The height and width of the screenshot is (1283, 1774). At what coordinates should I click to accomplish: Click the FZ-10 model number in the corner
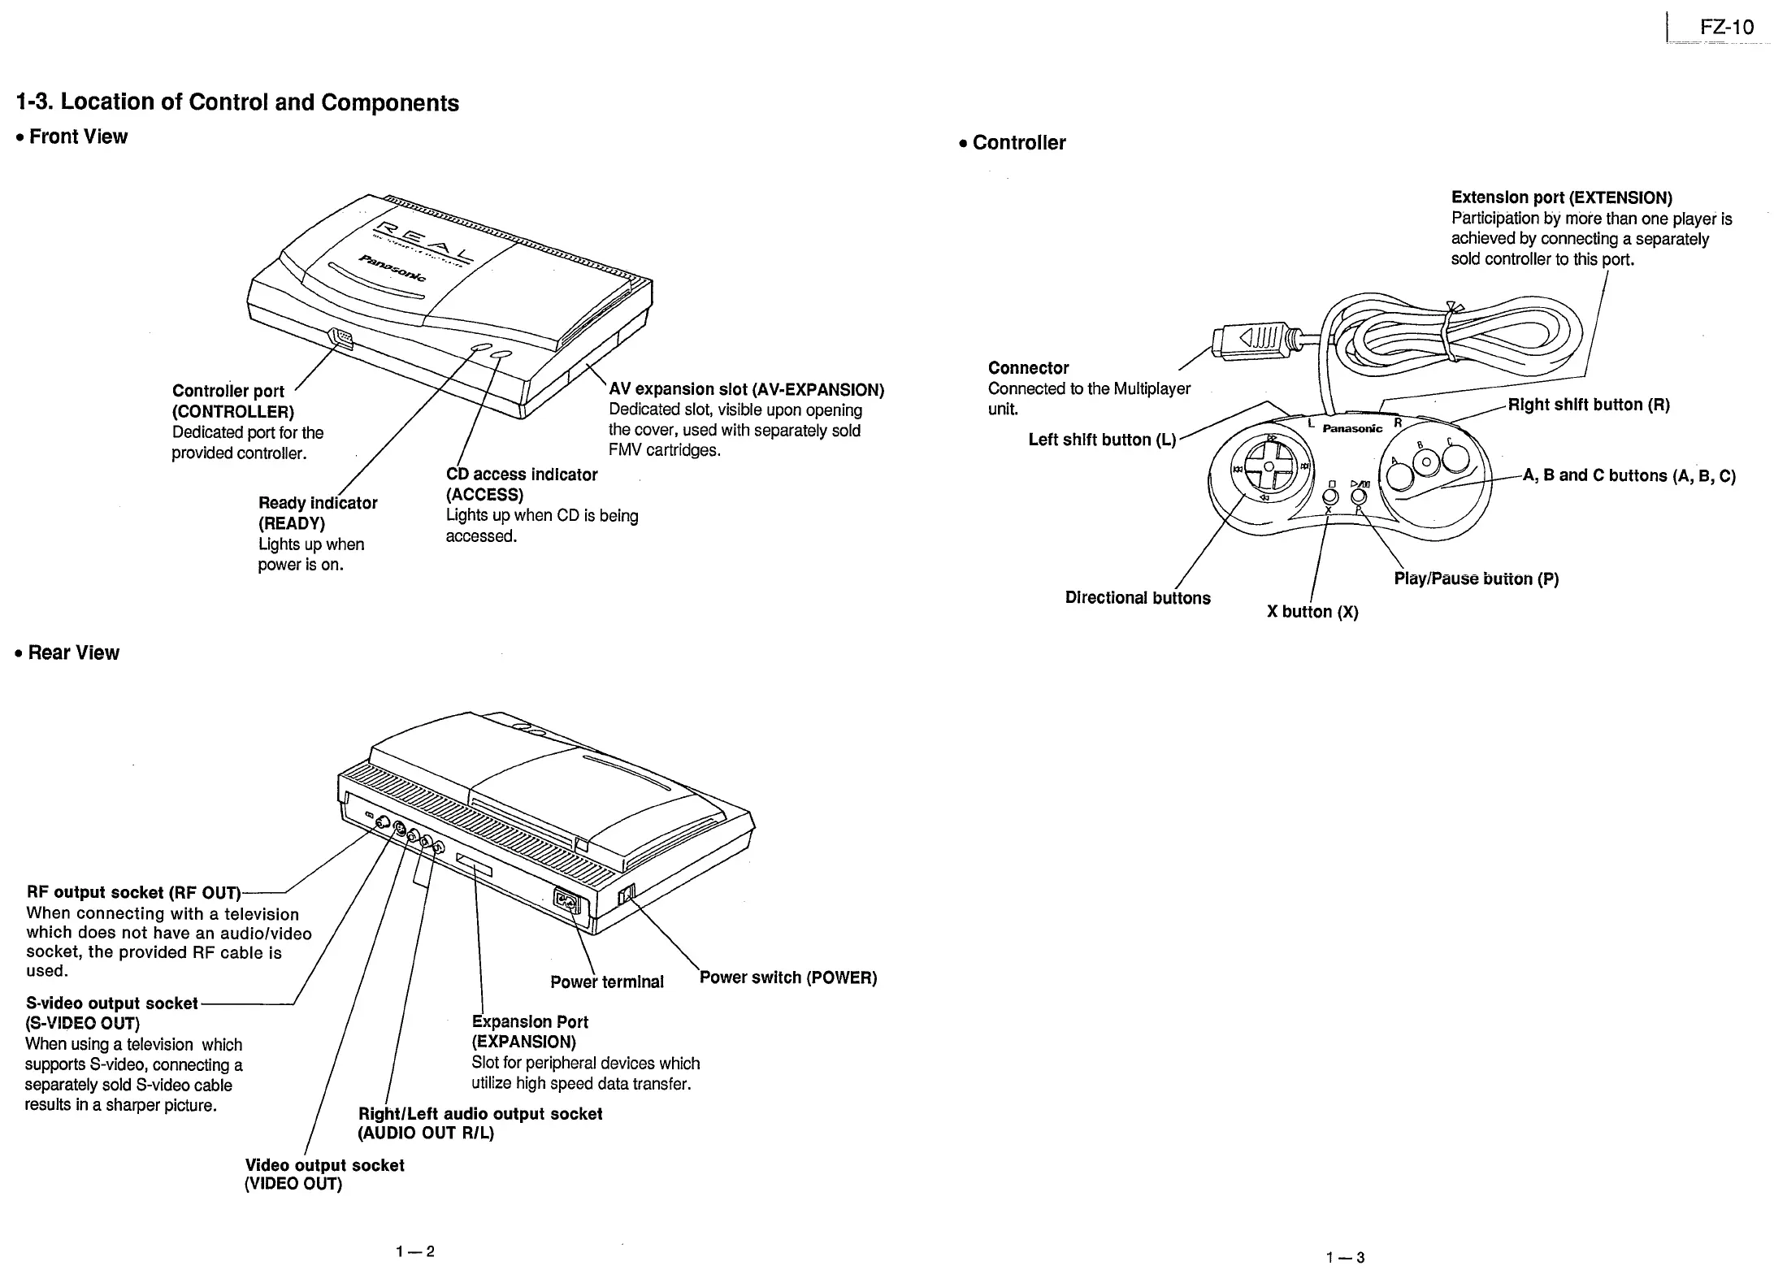[1726, 28]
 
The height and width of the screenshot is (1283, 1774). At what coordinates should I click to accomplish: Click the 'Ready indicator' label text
[318, 503]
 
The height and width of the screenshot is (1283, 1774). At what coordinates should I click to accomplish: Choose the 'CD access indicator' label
[522, 475]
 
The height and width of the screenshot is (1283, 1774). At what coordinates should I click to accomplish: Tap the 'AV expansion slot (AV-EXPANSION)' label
[746, 389]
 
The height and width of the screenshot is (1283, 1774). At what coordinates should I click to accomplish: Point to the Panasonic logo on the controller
[1352, 428]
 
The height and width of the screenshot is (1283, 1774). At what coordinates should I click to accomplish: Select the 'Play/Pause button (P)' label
[1476, 579]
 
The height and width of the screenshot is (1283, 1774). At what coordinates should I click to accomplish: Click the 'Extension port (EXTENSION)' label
[1561, 198]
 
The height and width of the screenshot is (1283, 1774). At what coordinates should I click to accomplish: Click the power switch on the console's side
[624, 895]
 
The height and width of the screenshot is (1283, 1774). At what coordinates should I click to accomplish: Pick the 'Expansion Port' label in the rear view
[530, 1022]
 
